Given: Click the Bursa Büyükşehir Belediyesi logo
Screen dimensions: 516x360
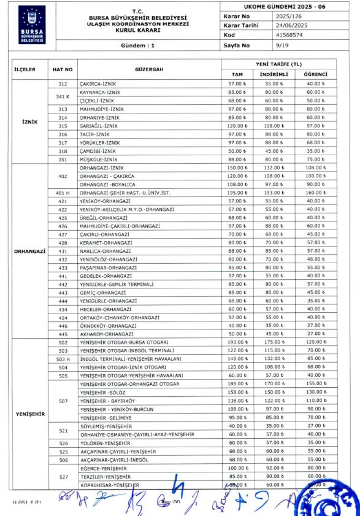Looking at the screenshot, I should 33,25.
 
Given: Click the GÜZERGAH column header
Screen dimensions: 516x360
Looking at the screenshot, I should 149,69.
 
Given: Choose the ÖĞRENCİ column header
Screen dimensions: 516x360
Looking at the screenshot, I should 316,74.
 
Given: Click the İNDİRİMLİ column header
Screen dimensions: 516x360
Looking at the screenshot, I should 274,74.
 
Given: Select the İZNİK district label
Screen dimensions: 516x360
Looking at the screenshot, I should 30,122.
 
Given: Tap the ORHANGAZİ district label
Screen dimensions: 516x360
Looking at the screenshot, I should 30,251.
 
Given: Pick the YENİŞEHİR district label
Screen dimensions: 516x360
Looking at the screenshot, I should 30,414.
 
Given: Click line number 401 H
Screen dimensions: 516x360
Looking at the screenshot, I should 63,193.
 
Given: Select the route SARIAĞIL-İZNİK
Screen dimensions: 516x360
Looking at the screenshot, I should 98,126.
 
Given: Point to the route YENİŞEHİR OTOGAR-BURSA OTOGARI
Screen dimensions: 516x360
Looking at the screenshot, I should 124,342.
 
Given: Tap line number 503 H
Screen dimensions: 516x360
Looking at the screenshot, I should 63,359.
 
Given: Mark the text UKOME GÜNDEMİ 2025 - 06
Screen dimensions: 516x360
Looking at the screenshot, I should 285,7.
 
